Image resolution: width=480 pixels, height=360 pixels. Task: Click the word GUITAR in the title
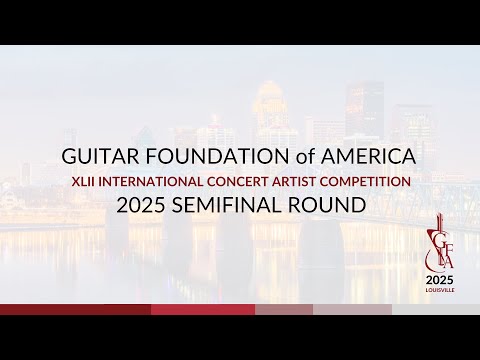point(96,158)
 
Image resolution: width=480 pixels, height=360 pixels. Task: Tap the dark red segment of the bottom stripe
point(75,309)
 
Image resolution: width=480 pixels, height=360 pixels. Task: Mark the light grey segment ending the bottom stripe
point(435,309)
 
